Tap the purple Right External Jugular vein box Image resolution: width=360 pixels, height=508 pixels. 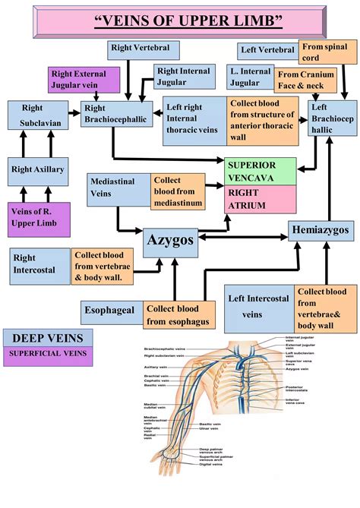point(84,80)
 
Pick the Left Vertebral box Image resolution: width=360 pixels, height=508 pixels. point(267,51)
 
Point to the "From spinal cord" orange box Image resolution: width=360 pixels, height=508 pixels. point(324,51)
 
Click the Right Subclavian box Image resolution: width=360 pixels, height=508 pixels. point(37,118)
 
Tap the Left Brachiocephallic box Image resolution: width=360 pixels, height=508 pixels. point(329,120)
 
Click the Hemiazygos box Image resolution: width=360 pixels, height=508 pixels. point(320,229)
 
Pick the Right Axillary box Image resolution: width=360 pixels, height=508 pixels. point(39,170)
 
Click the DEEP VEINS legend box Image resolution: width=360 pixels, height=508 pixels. point(48,337)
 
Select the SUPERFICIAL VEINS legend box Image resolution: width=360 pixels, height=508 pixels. point(48,354)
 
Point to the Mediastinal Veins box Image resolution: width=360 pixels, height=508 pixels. point(117,188)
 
